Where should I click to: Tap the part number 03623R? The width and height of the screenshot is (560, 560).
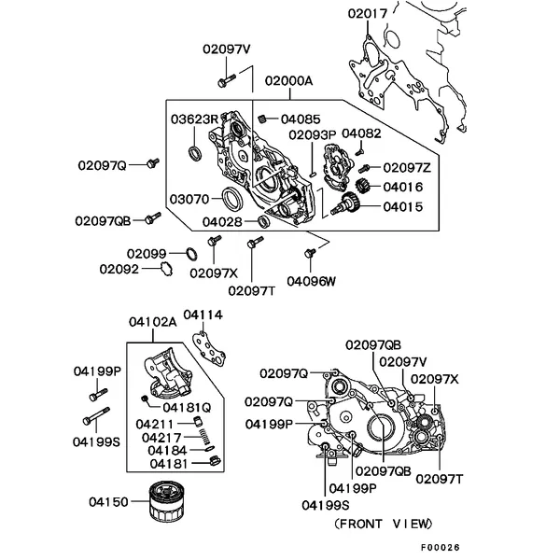coord(193,119)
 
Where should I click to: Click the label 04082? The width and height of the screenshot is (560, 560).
coord(362,133)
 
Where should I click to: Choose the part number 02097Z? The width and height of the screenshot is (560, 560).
coord(407,167)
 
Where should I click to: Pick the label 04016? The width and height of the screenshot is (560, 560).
coord(403,186)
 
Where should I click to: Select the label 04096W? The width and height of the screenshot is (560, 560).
coord(311,280)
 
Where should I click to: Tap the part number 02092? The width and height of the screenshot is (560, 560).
coord(119,269)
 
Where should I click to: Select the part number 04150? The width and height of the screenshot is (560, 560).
coord(108,501)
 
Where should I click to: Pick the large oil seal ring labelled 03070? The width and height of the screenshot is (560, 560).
coord(231,199)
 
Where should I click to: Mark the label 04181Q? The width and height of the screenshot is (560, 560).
coord(187,407)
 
